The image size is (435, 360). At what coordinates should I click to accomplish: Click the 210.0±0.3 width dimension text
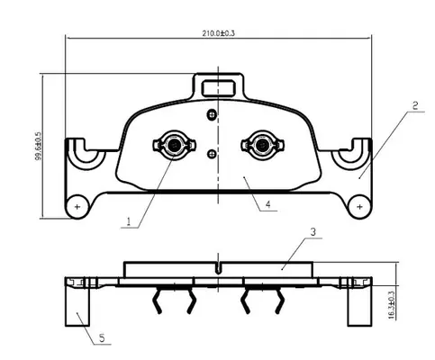pyautogui.click(x=218, y=33)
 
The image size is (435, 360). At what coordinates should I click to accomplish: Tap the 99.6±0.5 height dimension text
pyautogui.click(x=39, y=146)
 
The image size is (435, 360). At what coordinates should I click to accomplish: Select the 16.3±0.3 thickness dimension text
pyautogui.click(x=392, y=304)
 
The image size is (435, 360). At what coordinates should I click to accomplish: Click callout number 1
pyautogui.click(x=129, y=221)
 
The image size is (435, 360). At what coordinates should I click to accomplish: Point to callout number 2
pyautogui.click(x=415, y=105)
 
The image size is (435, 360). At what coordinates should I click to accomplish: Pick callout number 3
pyautogui.click(x=313, y=232)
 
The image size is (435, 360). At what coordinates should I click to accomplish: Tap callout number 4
pyautogui.click(x=267, y=204)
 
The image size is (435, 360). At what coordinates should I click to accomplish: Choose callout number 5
pyautogui.click(x=102, y=338)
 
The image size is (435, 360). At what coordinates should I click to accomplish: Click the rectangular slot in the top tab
pyautogui.click(x=218, y=88)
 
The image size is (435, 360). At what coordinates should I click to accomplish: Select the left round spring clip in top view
pyautogui.click(x=174, y=145)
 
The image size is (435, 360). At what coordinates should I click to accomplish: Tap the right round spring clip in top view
pyautogui.click(x=263, y=145)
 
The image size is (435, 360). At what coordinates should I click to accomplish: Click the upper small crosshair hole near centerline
pyautogui.click(x=212, y=114)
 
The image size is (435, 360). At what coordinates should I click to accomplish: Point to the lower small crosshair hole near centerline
pyautogui.click(x=212, y=154)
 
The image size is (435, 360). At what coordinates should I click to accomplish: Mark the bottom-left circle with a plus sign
pyautogui.click(x=77, y=207)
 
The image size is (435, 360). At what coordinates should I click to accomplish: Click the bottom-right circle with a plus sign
pyautogui.click(x=359, y=207)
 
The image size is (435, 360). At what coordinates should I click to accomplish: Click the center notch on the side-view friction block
pyautogui.click(x=218, y=268)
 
